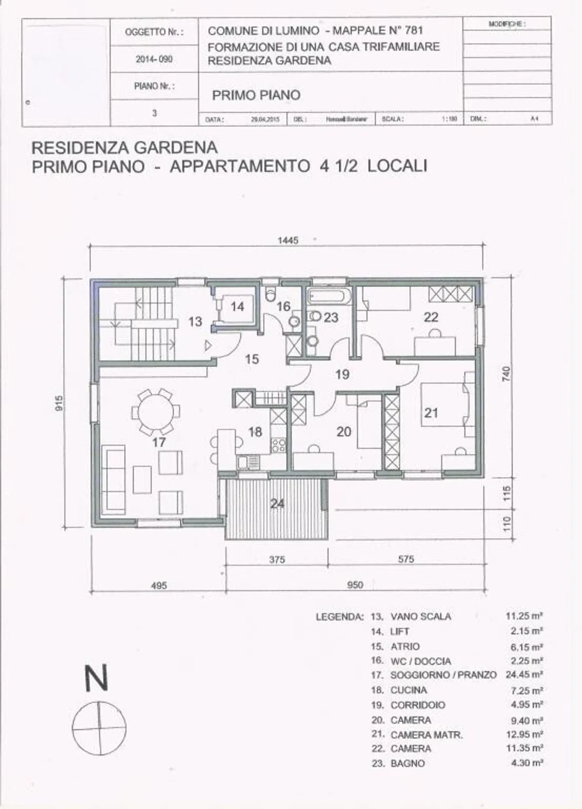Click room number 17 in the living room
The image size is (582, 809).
click(159, 442)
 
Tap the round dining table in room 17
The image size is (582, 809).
click(156, 412)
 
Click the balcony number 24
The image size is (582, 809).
click(277, 504)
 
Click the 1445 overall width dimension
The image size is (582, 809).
click(288, 240)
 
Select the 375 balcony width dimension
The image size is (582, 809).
click(277, 559)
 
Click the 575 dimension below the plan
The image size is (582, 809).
click(406, 559)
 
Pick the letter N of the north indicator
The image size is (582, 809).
click(97, 678)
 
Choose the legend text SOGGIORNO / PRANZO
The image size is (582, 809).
click(443, 675)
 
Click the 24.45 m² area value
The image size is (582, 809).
click(524, 675)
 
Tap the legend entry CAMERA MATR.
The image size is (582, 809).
click(426, 735)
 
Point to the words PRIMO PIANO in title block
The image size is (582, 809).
click(256, 95)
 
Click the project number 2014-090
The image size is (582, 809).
click(154, 59)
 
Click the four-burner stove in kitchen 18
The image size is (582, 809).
click(278, 445)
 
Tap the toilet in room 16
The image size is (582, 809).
click(270, 295)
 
